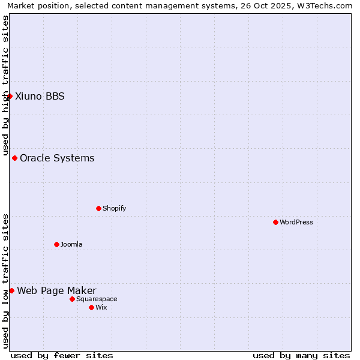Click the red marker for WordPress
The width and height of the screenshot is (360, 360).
tap(275, 222)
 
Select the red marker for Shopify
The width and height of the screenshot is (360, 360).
tap(98, 208)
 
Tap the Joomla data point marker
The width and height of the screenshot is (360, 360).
tap(56, 244)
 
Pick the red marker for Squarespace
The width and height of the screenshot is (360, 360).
tap(72, 299)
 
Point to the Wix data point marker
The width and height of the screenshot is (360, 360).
tap(91, 307)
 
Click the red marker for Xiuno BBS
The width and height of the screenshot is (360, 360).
tap(10, 96)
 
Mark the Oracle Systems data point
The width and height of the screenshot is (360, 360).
tap(14, 158)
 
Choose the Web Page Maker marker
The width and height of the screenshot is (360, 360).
tap(11, 290)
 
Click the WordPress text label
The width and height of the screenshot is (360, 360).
tap(296, 222)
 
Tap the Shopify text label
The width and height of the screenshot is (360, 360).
tap(114, 208)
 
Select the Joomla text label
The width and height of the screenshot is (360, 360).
tap(71, 244)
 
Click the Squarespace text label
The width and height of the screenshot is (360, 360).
tap(97, 299)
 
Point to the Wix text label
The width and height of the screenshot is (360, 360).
tap(101, 307)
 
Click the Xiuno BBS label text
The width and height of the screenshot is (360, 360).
tap(40, 96)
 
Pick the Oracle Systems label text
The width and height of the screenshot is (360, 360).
tap(57, 158)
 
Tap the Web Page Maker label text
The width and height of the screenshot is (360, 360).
tap(56, 290)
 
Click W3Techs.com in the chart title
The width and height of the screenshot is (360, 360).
tap(327, 5)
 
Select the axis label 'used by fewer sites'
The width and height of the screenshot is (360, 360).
tap(62, 355)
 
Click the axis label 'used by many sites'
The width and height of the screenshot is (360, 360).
tap(301, 355)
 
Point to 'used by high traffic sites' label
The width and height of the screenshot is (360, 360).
tap(5, 85)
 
